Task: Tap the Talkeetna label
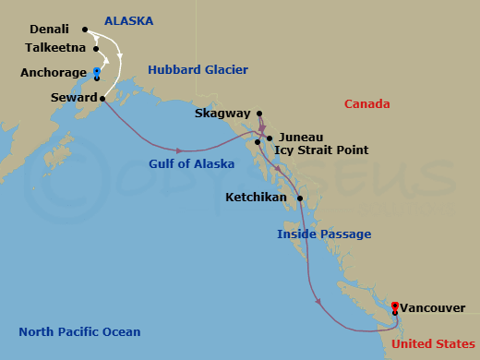[x=55, y=47]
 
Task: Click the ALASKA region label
[x=128, y=20]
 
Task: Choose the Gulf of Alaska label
[x=191, y=163]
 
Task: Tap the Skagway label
[x=222, y=114]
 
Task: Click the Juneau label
[x=300, y=135]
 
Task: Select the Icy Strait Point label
[x=320, y=150]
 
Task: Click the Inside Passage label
[x=324, y=234]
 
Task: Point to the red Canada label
[x=366, y=104]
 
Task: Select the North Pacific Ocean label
[x=79, y=332]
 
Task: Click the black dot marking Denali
[x=84, y=30]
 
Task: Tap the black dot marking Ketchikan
[x=301, y=198]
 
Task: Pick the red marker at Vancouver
[x=395, y=306]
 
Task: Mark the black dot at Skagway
[x=259, y=114]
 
